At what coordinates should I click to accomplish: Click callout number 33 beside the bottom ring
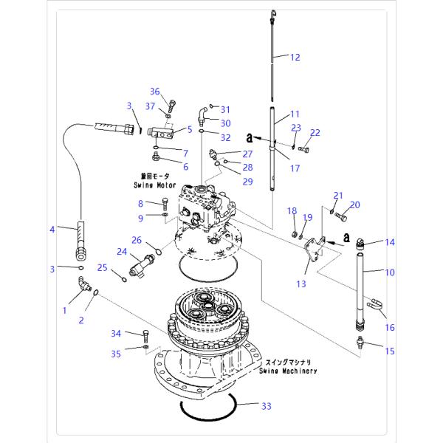267,405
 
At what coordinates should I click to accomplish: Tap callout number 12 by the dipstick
295,57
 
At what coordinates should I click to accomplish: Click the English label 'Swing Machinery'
288,371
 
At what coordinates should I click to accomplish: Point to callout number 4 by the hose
52,230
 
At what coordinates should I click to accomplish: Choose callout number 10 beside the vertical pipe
389,272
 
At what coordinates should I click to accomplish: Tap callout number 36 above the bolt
154,92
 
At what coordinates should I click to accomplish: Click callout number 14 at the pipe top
390,242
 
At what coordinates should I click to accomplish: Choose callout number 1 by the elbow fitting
64,311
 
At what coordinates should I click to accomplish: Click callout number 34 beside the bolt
116,334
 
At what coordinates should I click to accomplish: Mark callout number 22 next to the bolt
315,133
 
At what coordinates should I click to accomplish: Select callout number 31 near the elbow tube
226,110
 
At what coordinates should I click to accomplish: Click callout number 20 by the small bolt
354,205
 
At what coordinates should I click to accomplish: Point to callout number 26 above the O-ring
137,239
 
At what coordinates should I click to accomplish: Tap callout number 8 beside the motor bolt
140,203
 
